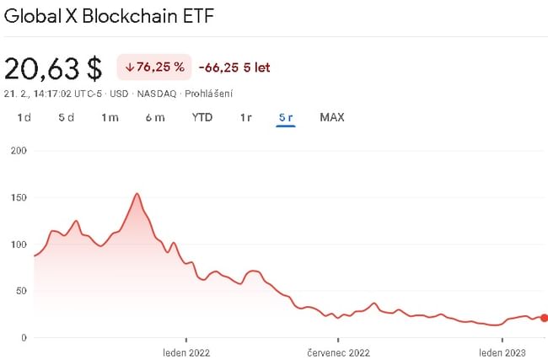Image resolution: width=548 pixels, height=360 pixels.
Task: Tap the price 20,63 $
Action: click(x=53, y=67)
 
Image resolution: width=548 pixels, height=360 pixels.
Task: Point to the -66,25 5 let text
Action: click(x=234, y=67)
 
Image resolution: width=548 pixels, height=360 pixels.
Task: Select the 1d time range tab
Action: click(x=24, y=117)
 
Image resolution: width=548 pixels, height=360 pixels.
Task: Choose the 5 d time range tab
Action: click(x=67, y=117)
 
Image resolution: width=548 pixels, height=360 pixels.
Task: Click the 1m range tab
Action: click(x=110, y=117)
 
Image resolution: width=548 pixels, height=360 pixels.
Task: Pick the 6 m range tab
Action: click(x=155, y=117)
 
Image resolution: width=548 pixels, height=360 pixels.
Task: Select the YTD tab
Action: click(x=202, y=117)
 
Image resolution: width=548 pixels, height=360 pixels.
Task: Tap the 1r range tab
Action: click(x=245, y=117)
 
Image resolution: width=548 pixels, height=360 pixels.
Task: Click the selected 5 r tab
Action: click(x=286, y=117)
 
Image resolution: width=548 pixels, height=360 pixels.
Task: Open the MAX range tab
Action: click(x=332, y=117)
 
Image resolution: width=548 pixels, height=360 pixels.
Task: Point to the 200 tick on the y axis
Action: click(x=18, y=151)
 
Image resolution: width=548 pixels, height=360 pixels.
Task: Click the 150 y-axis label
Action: click(x=18, y=197)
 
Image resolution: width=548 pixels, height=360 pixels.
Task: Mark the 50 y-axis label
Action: click(x=20, y=291)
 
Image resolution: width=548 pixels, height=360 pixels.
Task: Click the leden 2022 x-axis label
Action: click(x=186, y=352)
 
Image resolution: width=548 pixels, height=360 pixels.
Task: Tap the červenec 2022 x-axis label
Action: click(x=339, y=352)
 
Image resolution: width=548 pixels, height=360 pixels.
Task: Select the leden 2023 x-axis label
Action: click(x=503, y=352)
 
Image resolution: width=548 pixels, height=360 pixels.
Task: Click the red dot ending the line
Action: click(x=544, y=318)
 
